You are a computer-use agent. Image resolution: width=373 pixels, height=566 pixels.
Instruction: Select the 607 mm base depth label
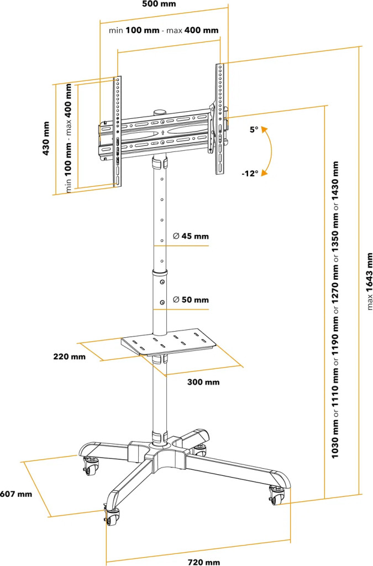[x=16, y=494]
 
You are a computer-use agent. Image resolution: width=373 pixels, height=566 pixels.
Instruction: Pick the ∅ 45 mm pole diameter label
[x=191, y=236]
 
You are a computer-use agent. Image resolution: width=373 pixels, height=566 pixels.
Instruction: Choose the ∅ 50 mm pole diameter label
[x=191, y=300]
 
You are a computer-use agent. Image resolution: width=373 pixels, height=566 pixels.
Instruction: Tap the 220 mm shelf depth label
[x=70, y=357]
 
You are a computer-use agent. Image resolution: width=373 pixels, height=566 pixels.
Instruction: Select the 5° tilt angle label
[x=254, y=130]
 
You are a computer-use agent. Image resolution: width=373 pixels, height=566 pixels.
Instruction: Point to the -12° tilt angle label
[x=250, y=173]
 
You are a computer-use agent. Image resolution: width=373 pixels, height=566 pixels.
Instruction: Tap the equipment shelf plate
[x=169, y=340]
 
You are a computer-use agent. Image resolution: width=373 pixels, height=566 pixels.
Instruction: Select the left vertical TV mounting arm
[x=118, y=130]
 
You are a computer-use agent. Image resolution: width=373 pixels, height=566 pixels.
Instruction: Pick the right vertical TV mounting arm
[x=220, y=118]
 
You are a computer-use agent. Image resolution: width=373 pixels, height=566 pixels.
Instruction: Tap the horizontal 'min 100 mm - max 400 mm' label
[x=164, y=30]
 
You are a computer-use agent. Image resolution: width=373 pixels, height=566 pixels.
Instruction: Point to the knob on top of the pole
[x=160, y=112]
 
